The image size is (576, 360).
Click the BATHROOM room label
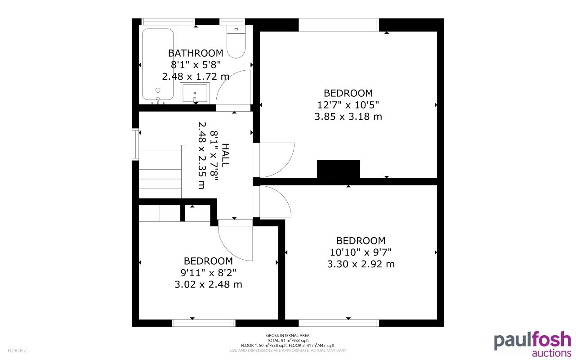(196, 53)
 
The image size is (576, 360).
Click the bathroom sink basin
(195, 93)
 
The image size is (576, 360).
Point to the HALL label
(225, 155)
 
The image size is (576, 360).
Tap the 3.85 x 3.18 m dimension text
(348, 117)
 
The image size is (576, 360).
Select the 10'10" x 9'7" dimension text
(361, 252)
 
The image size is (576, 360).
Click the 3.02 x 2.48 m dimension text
(208, 284)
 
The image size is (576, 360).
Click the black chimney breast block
(339, 169)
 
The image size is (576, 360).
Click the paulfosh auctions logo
(532, 345)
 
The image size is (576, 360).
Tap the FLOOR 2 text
(17, 350)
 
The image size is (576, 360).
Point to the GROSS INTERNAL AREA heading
(288, 335)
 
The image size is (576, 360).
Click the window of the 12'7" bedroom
(339, 25)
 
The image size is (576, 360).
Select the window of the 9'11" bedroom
(204, 323)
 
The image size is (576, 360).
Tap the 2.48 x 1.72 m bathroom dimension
(196, 76)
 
